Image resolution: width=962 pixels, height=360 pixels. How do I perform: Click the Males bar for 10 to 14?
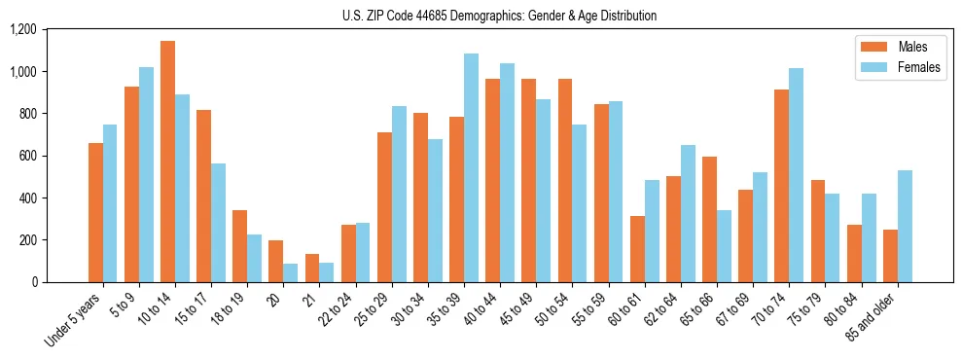(167, 162)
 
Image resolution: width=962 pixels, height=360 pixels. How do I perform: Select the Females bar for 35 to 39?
(471, 167)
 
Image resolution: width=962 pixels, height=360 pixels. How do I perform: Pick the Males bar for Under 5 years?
(95, 212)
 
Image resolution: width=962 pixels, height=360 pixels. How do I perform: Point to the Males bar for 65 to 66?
(710, 219)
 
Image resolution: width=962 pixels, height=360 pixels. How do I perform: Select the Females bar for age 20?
(291, 272)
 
